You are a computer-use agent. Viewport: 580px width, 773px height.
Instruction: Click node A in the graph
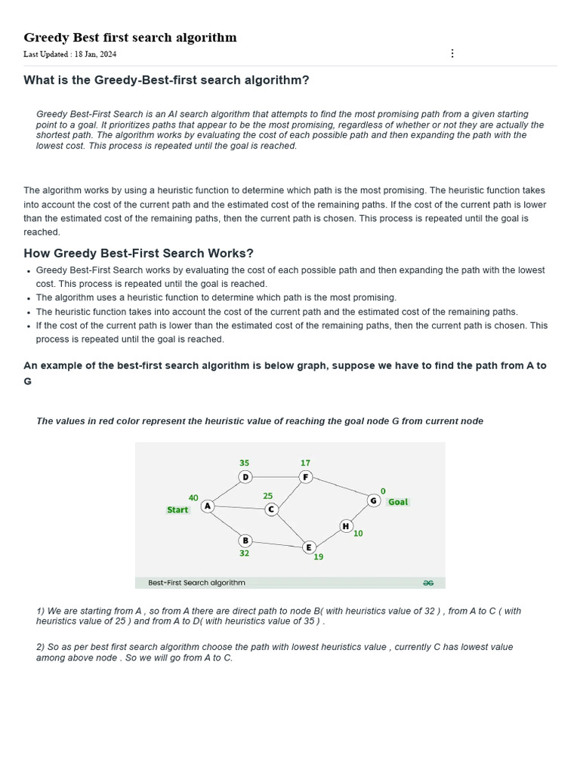208,507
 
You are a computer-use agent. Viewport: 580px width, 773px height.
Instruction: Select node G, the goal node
373,500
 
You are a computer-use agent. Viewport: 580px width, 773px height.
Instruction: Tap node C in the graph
272,510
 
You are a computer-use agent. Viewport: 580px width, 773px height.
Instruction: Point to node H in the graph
346,526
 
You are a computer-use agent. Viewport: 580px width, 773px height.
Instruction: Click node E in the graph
308,547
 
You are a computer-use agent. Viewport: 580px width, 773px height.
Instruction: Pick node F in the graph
305,477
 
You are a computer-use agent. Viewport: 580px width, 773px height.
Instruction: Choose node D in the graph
245,477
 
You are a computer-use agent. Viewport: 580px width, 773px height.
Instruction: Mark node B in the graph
245,540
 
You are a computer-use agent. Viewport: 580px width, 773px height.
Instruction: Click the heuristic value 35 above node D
244,463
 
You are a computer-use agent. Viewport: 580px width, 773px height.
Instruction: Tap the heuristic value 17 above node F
305,463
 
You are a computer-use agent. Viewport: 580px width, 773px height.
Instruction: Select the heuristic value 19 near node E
319,557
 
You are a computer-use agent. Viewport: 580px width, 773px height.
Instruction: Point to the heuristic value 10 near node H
358,534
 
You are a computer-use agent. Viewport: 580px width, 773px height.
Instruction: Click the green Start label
177,510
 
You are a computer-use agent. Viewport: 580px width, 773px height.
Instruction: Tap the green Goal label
398,502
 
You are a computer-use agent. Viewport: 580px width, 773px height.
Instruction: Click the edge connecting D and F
275,477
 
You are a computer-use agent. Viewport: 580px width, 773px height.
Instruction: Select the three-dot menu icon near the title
452,53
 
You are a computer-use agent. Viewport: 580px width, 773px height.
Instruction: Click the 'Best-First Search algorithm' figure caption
196,583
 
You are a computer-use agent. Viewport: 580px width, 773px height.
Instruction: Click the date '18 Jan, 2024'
95,54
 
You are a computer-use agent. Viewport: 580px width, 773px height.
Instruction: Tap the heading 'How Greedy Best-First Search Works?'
138,253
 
